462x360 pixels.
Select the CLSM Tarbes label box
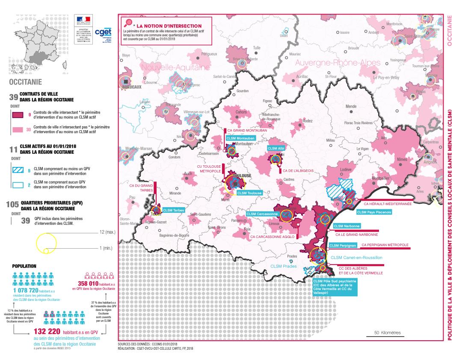click(x=173, y=210)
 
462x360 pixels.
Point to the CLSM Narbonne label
click(x=346, y=226)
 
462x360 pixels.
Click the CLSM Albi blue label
click(x=275, y=148)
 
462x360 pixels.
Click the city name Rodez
click(x=308, y=121)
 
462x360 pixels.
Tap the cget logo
click(x=103, y=33)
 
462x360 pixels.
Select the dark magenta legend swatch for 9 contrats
click(x=16, y=115)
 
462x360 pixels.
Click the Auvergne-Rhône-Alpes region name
click(x=338, y=63)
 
